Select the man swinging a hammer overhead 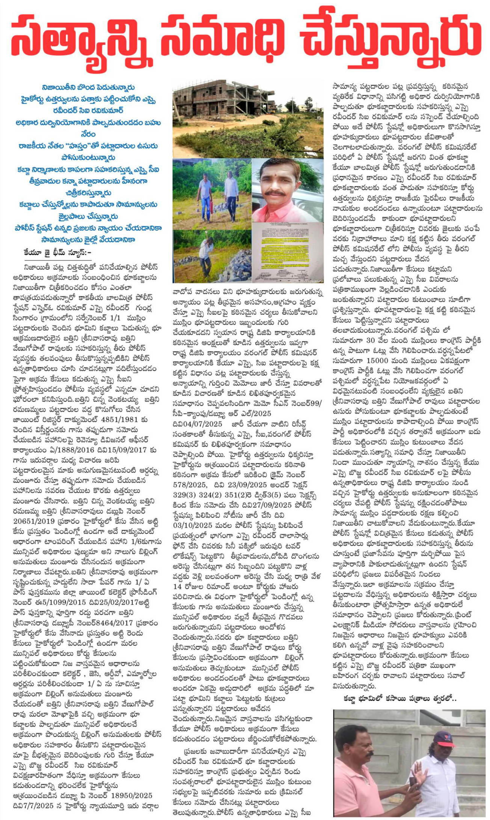point(205,255)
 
